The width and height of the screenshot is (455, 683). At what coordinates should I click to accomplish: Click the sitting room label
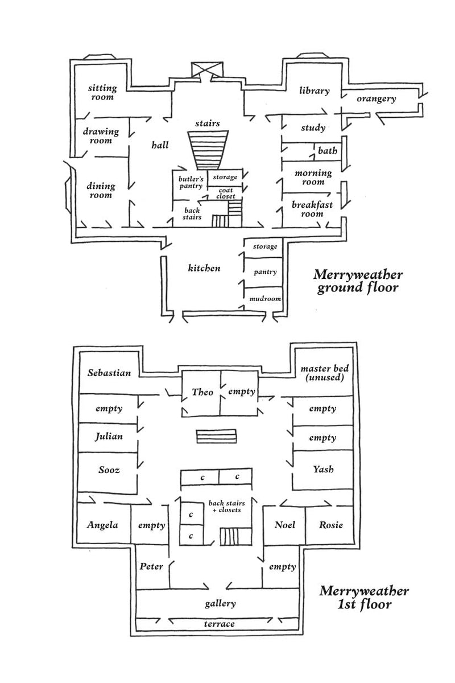[x=102, y=92]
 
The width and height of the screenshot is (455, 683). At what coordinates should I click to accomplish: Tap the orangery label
[x=377, y=99]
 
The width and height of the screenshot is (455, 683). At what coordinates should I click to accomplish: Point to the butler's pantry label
[x=191, y=182]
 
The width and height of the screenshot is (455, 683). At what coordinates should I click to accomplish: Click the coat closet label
[x=226, y=194]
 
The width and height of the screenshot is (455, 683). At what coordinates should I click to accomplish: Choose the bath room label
[x=328, y=150]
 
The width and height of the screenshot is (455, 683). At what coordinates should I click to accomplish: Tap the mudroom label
[x=265, y=298]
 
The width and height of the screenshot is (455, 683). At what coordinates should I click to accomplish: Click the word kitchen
[x=204, y=268]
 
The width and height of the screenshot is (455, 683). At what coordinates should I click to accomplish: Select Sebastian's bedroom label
[x=109, y=373]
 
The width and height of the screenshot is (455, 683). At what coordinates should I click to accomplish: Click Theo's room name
[x=202, y=392]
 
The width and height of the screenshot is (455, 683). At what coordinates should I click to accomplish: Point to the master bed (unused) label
[x=325, y=373]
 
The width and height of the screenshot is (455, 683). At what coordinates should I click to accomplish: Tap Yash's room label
[x=324, y=468]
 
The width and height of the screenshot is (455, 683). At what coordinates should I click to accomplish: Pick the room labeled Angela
[x=102, y=525]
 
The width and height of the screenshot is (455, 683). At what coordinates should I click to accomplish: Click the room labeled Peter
[x=151, y=566]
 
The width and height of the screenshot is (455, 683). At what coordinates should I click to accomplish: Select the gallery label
[x=220, y=603]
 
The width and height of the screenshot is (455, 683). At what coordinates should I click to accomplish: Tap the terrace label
[x=219, y=624]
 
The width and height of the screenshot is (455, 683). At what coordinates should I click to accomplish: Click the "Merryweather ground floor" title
[x=358, y=281]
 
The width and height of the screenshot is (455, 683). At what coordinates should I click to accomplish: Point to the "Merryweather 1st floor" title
[x=364, y=598]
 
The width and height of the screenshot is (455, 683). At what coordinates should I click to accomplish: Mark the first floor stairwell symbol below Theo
[x=216, y=436]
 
